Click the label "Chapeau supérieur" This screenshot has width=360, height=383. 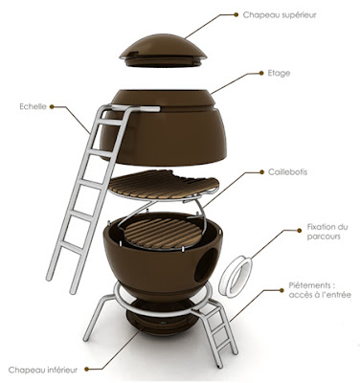pos(280,15)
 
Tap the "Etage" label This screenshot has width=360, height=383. pos(279,73)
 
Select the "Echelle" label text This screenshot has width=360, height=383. pos(33,106)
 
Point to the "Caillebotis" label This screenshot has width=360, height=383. pos(287,172)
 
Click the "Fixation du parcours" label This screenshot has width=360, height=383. pos(327,232)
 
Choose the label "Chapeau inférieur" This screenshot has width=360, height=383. pos(43,370)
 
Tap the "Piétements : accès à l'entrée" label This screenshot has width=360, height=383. pos(320,290)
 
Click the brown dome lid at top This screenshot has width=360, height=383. pos(163,51)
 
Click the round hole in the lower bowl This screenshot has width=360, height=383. pos(206,264)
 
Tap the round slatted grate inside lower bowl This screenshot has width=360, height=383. pos(164,234)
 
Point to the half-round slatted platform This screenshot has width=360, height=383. pos(164,185)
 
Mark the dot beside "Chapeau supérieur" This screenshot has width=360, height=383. pos(236,14)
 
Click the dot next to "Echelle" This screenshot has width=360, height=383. pos(52,106)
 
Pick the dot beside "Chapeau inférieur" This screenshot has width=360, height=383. pos(86,370)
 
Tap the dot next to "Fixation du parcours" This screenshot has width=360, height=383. pos(299,230)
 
